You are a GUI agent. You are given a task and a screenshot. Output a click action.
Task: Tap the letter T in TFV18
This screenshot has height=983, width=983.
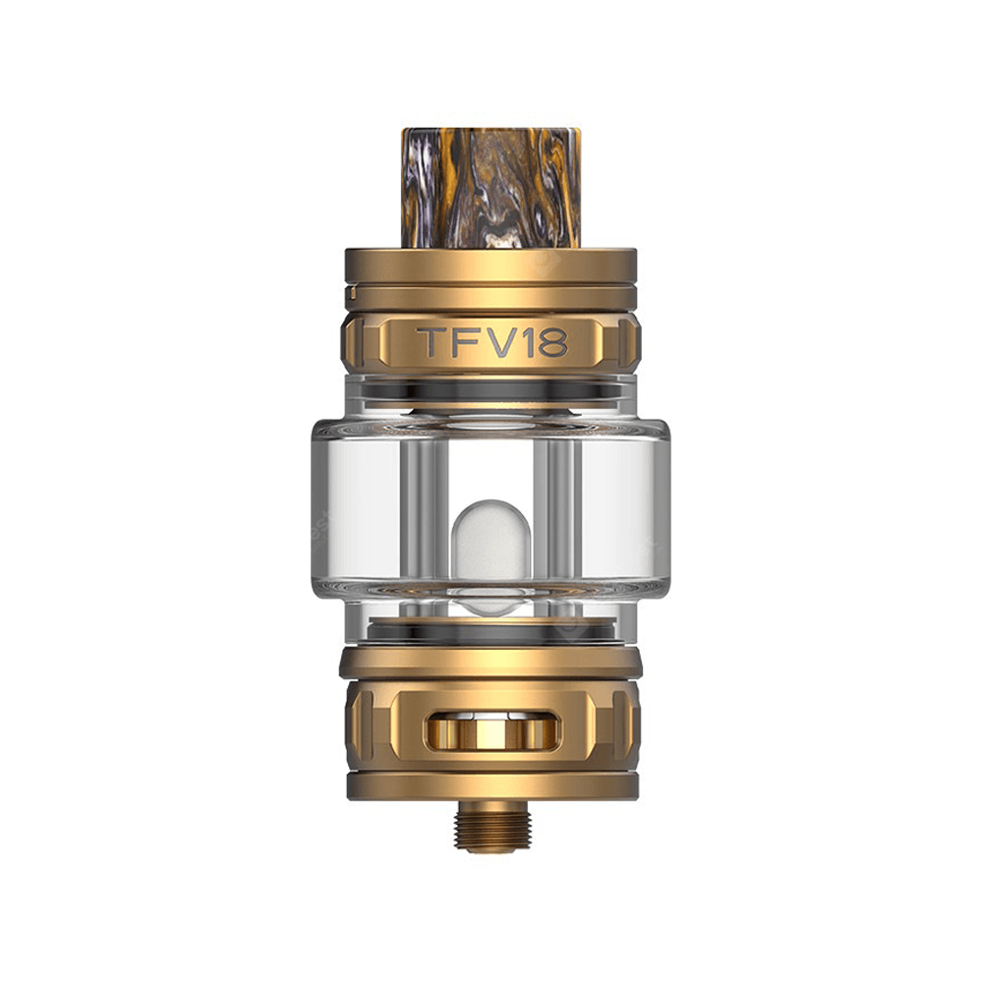434,342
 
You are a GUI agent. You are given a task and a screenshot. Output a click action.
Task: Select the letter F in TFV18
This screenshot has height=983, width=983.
468,342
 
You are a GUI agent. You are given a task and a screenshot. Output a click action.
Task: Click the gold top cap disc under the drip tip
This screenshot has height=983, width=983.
491,265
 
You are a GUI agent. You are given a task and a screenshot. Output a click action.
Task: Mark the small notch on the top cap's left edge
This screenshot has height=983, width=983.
349,292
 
